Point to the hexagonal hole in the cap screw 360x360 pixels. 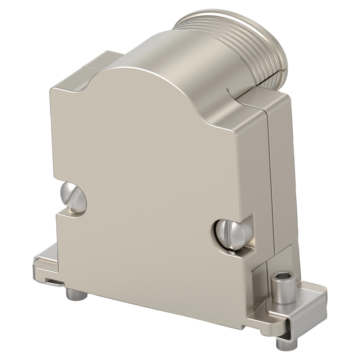pyautogui.click(x=281, y=278)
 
